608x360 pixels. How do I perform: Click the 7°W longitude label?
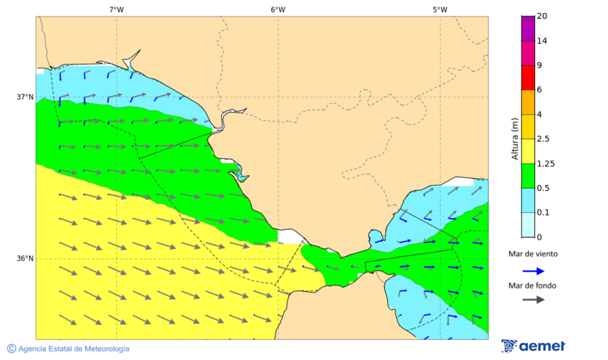(x=116, y=9)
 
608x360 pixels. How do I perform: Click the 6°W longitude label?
(x=278, y=9)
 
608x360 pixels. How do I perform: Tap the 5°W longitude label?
(x=440, y=9)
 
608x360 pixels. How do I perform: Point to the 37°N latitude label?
(x=25, y=97)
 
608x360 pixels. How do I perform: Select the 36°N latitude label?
(x=25, y=259)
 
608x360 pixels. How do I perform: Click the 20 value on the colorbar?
(x=541, y=16)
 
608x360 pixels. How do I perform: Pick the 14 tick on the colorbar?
(x=541, y=41)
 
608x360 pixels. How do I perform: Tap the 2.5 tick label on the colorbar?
(x=543, y=139)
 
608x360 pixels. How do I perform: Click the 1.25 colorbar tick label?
(x=545, y=163)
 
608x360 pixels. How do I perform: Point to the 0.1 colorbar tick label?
(x=543, y=213)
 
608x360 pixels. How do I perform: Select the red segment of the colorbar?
(x=528, y=77)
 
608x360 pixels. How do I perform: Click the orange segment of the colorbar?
(x=528, y=102)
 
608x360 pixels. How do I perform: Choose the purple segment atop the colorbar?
(x=528, y=28)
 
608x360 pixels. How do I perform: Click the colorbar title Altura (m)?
(x=515, y=138)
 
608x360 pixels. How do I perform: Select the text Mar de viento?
(x=533, y=254)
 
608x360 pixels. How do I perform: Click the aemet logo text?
(x=542, y=346)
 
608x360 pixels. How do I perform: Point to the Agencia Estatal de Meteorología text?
(x=74, y=349)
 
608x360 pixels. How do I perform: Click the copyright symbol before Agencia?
(x=11, y=349)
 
